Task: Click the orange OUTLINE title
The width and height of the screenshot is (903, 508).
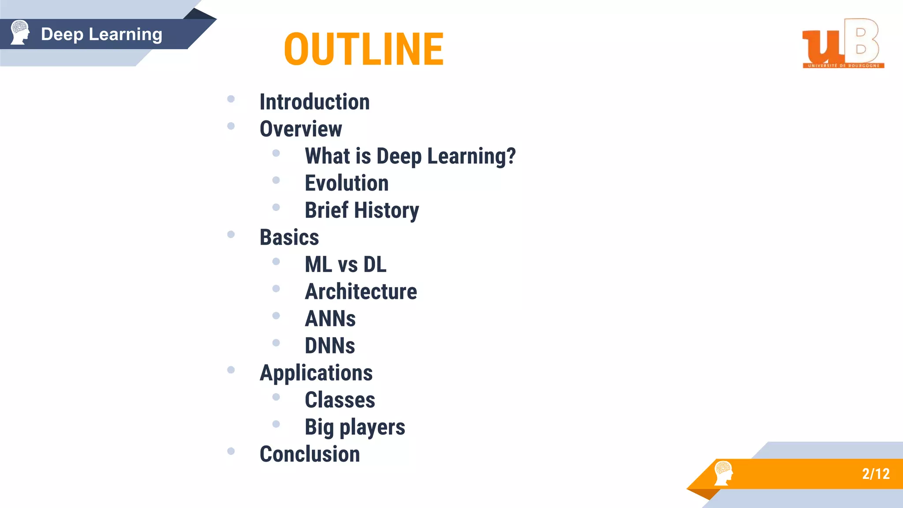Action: (x=364, y=49)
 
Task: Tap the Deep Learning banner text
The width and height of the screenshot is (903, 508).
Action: (x=101, y=34)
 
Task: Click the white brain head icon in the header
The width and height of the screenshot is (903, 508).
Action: (x=20, y=32)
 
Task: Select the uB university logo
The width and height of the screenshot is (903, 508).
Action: (x=843, y=44)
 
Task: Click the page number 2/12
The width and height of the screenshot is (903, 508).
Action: (x=876, y=474)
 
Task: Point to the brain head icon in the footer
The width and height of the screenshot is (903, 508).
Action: (x=723, y=473)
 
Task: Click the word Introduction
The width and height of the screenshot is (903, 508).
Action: (x=314, y=102)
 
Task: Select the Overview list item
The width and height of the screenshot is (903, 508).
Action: (x=301, y=129)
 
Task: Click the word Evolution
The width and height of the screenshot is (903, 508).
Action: (x=347, y=183)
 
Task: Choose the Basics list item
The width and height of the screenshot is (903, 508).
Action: (x=289, y=238)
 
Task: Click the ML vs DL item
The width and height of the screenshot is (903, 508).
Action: (x=345, y=265)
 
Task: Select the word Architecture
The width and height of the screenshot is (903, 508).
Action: (x=361, y=292)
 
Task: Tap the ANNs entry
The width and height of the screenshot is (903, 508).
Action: (x=330, y=319)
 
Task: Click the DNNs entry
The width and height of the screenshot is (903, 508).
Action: (x=330, y=346)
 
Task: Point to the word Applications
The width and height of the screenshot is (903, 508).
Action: (x=316, y=373)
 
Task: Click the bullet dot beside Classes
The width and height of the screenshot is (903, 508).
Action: (x=276, y=397)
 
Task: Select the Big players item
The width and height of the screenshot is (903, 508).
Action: (x=354, y=427)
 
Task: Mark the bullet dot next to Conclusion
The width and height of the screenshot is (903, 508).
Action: (x=231, y=451)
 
